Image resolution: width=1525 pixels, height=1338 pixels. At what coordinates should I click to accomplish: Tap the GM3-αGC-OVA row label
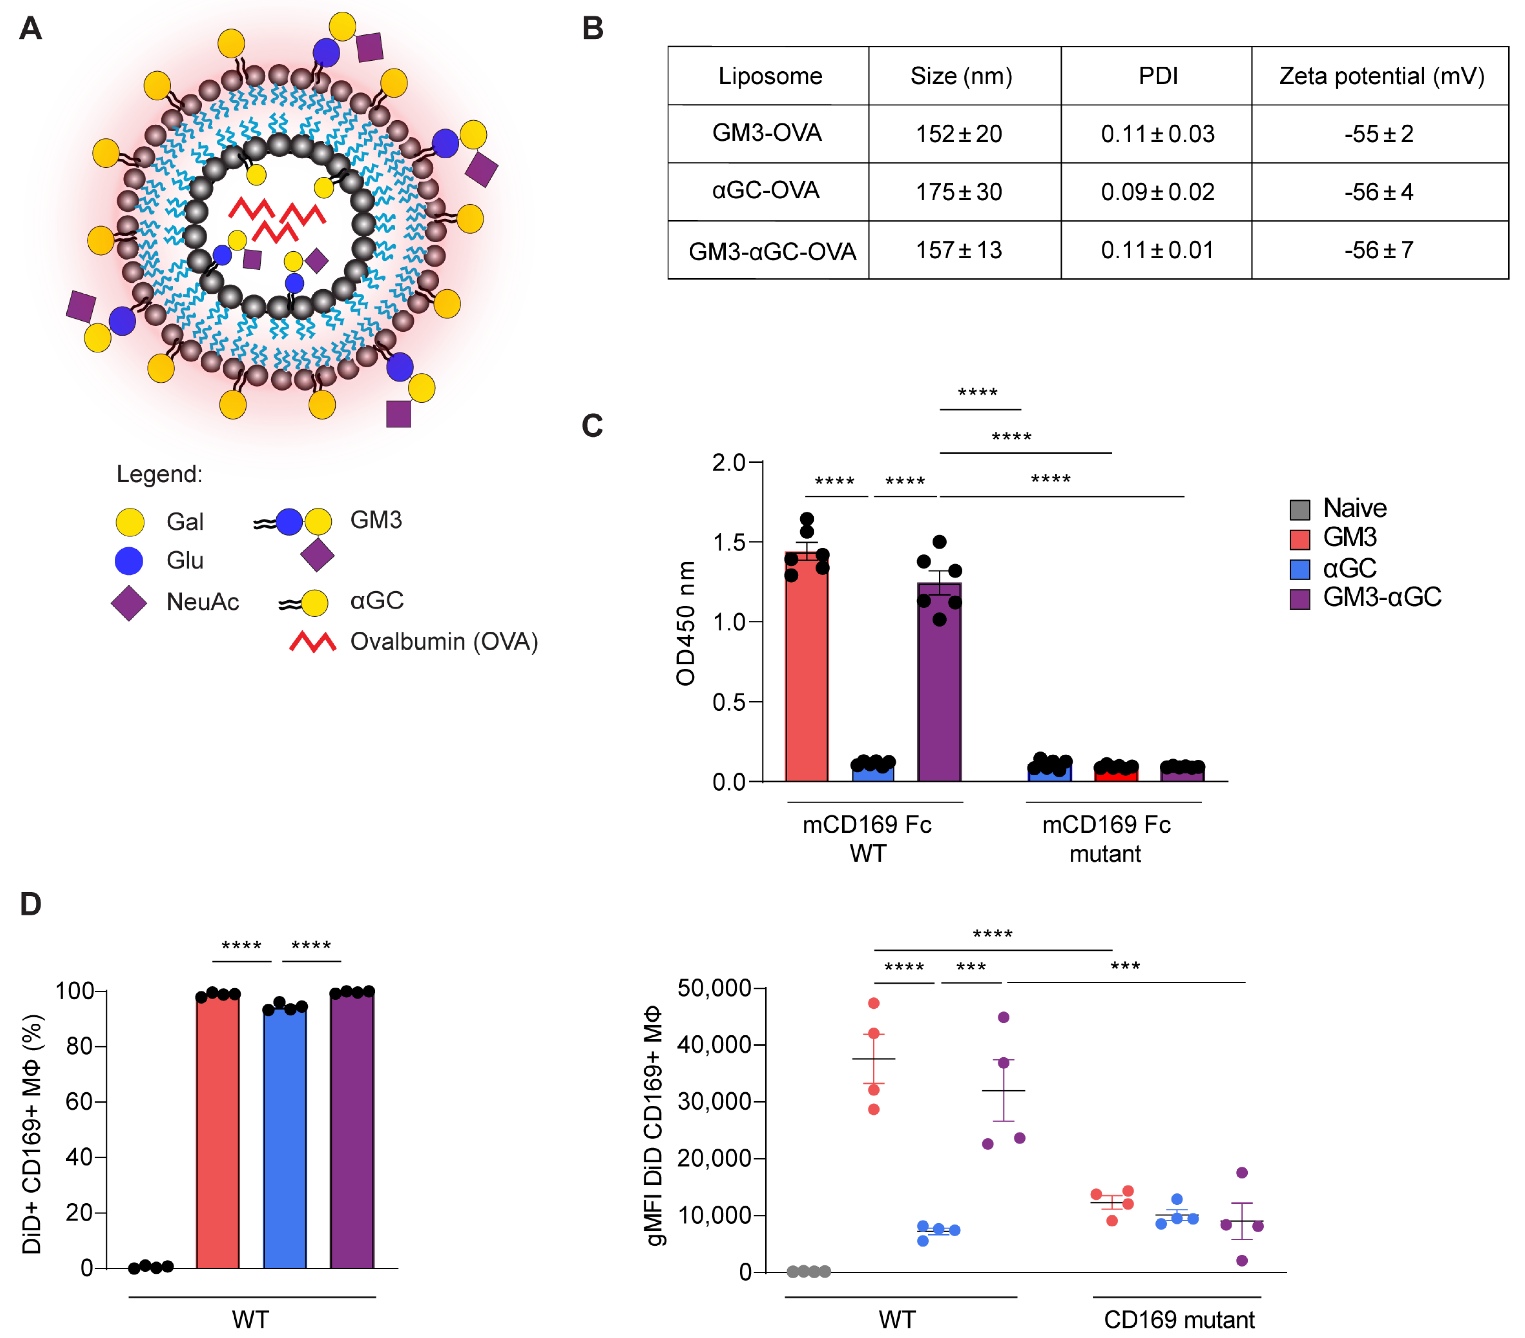[x=771, y=251]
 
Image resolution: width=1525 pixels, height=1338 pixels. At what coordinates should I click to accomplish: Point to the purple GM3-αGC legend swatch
[x=1300, y=599]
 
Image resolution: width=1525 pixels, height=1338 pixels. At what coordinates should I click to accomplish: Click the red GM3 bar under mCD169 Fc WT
[x=806, y=671]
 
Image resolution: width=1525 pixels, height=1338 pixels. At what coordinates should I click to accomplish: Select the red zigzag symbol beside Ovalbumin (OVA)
[x=313, y=641]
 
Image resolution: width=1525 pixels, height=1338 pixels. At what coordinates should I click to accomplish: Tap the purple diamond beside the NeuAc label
[x=129, y=603]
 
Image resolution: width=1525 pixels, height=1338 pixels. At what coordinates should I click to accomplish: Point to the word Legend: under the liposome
[x=159, y=474]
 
